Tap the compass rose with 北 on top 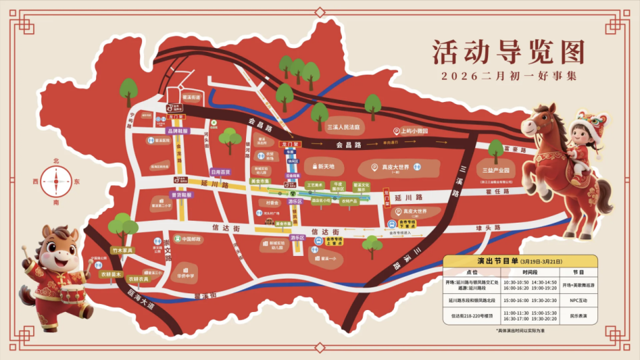coord(57,181)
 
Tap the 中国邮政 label coord(188,239)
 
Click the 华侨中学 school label coord(185,273)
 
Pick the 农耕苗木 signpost coord(111,273)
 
